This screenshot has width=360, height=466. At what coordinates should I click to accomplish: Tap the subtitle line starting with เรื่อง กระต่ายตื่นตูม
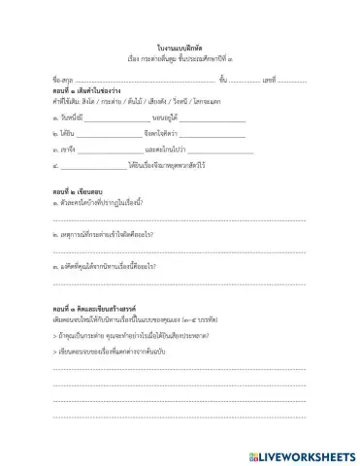pyautogui.click(x=180, y=58)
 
